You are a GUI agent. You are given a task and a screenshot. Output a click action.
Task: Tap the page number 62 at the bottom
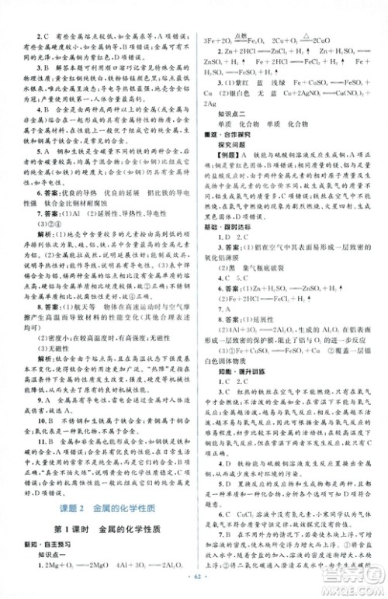tap(194, 588)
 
